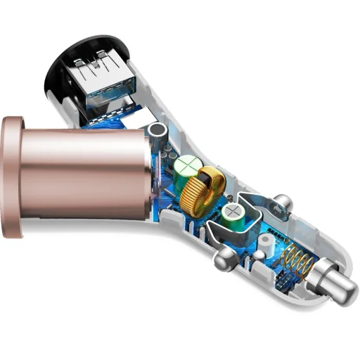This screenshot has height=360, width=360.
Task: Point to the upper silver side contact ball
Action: click(x=281, y=203)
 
